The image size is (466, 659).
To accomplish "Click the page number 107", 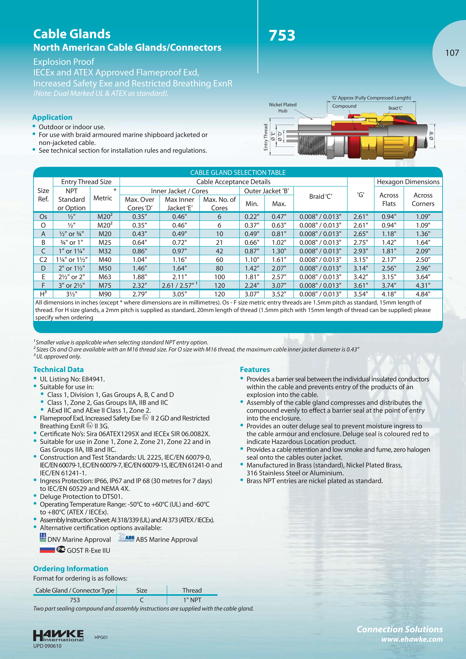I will point(452,53).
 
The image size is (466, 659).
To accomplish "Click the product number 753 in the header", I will point(282,36).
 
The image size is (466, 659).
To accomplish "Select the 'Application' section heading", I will point(52,117).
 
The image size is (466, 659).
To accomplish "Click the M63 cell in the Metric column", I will point(105,277).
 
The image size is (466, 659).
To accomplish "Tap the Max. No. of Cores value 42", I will point(219,251).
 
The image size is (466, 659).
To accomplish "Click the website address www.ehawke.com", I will point(412,639).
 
